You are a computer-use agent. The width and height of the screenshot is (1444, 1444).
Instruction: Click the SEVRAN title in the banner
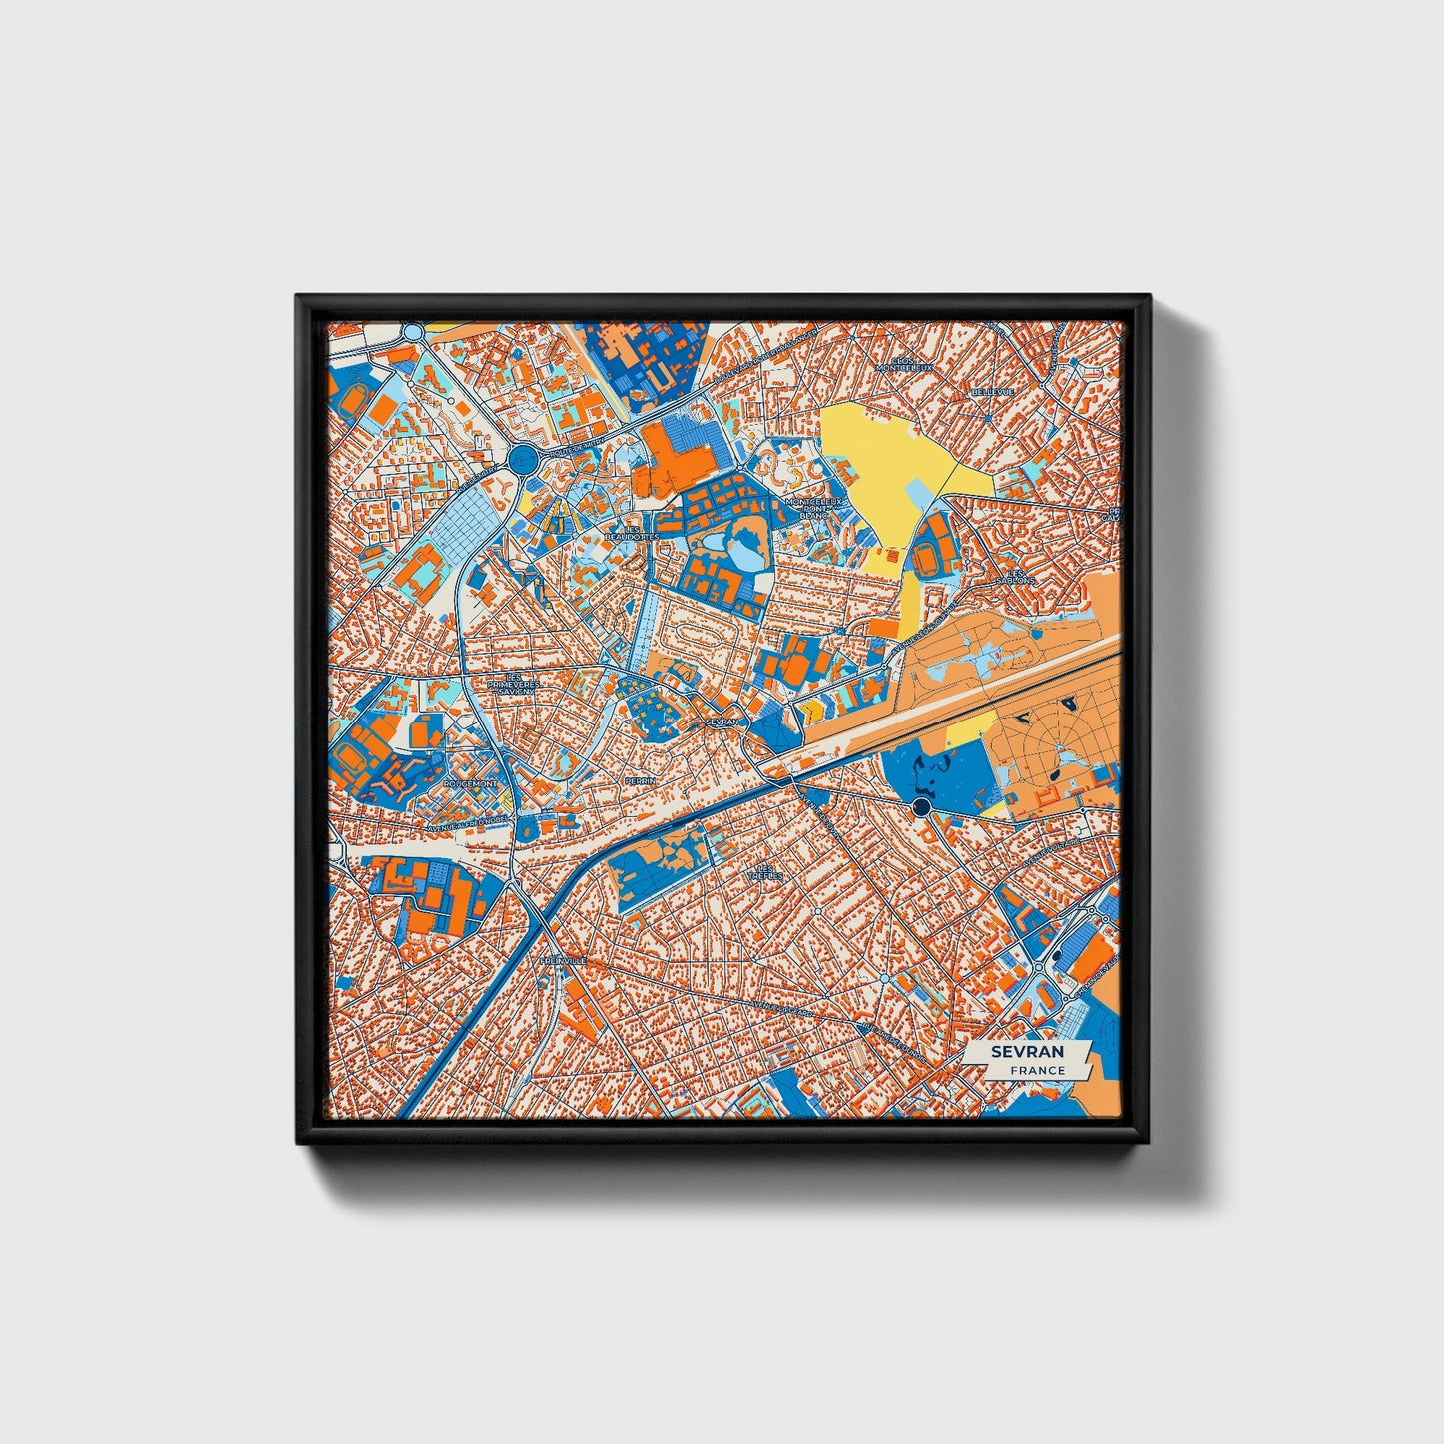click(x=1027, y=1052)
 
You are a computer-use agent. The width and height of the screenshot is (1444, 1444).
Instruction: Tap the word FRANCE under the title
click(x=1036, y=1070)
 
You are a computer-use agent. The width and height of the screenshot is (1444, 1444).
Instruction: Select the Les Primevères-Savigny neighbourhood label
click(x=513, y=682)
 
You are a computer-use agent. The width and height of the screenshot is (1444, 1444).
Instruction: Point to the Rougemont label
click(x=471, y=784)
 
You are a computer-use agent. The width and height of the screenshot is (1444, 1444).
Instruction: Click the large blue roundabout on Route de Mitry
click(x=521, y=460)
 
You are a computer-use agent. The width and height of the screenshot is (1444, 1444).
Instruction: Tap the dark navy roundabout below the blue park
click(x=921, y=806)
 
